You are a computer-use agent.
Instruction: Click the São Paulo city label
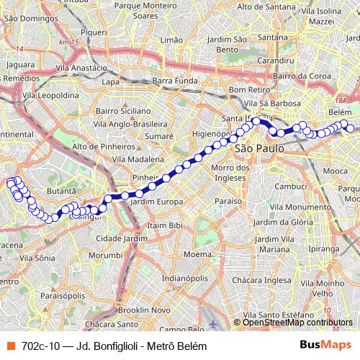(x=255, y=147)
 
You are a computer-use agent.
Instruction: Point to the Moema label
(x=197, y=254)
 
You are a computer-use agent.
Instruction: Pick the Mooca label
(x=335, y=171)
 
